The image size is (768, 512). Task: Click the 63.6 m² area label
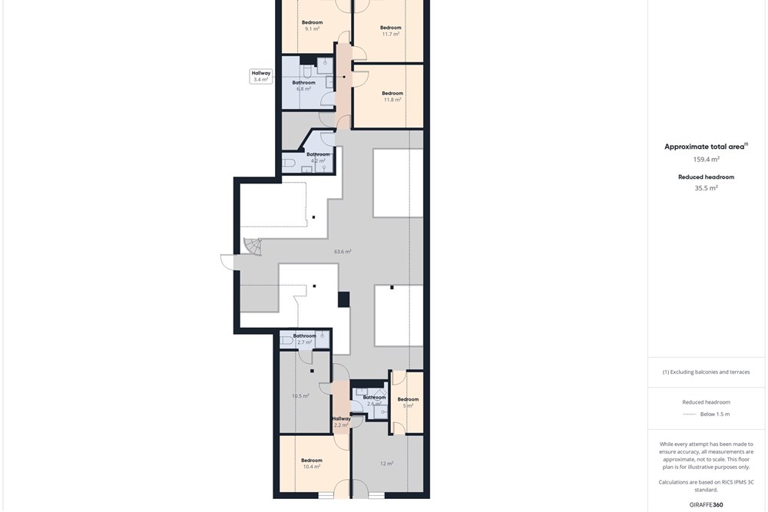(343, 252)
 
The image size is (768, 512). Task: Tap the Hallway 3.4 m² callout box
(261, 76)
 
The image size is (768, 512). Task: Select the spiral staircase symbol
(253, 246)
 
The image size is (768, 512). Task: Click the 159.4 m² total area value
(706, 159)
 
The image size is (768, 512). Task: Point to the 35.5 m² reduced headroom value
(706, 188)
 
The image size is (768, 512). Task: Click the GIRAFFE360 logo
(706, 504)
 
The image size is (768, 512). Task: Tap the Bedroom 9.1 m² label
(312, 25)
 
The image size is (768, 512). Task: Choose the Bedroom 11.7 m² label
(390, 31)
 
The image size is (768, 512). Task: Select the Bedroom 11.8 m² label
(392, 97)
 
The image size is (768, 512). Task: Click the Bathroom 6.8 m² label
(303, 86)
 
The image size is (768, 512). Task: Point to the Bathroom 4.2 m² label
(319, 157)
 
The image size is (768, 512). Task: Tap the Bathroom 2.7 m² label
(305, 339)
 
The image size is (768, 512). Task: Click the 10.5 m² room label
(300, 396)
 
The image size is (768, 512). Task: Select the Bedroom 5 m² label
(408, 402)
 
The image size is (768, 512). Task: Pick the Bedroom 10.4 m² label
(312, 464)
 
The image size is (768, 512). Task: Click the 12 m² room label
(386, 463)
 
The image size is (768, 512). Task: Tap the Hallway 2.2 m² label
(342, 422)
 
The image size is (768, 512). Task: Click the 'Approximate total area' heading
(704, 147)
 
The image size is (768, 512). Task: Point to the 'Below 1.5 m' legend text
(714, 414)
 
